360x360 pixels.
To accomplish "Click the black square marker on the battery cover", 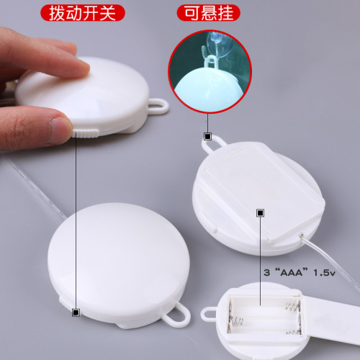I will tap(260, 212).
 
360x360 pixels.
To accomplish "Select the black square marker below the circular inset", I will tap(208, 136).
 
